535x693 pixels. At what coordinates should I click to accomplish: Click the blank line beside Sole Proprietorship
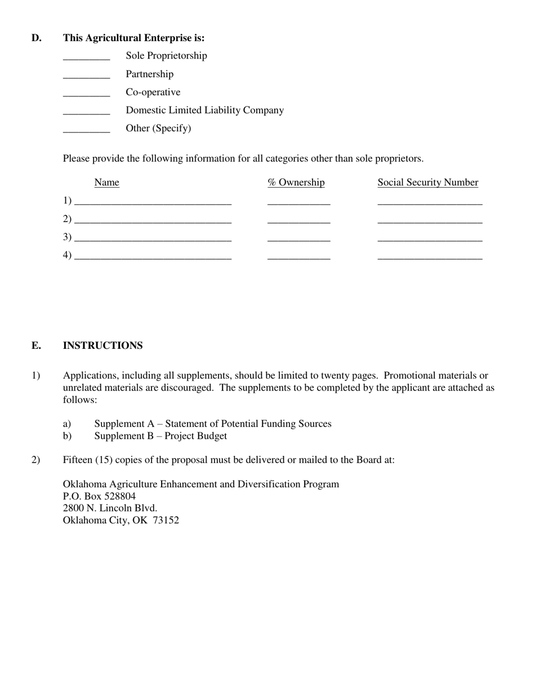pos(86,58)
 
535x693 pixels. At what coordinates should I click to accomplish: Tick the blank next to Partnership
pos(86,77)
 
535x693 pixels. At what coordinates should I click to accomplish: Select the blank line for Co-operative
pos(86,95)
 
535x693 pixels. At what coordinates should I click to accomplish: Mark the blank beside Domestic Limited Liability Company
pos(86,113)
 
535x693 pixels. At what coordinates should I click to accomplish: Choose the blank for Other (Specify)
pos(86,131)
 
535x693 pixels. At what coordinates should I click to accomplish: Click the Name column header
pos(106,183)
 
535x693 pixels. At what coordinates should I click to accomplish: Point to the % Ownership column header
pos(296,183)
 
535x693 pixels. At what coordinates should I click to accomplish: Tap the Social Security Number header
pos(427,183)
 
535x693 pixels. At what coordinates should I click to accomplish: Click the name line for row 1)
pos(153,202)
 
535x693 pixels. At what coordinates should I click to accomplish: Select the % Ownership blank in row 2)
pos(298,221)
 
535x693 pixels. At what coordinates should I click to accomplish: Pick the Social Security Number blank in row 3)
pos(430,239)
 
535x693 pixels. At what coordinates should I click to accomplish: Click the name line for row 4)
pos(153,257)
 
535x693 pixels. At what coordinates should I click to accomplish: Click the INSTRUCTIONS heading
pos(102,345)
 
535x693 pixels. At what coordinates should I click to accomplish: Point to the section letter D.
pos(36,38)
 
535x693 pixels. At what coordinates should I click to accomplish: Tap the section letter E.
pos(36,345)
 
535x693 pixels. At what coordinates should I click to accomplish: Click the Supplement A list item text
pos(213,424)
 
